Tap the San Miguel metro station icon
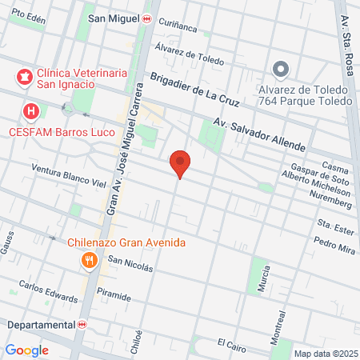(146, 18)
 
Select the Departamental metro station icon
(82, 325)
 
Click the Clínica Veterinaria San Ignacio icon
(24, 78)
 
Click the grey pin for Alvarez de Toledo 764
(280, 70)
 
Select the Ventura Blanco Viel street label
(69, 175)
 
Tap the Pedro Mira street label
(334, 245)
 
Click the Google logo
(27, 350)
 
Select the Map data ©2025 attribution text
(324, 354)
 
